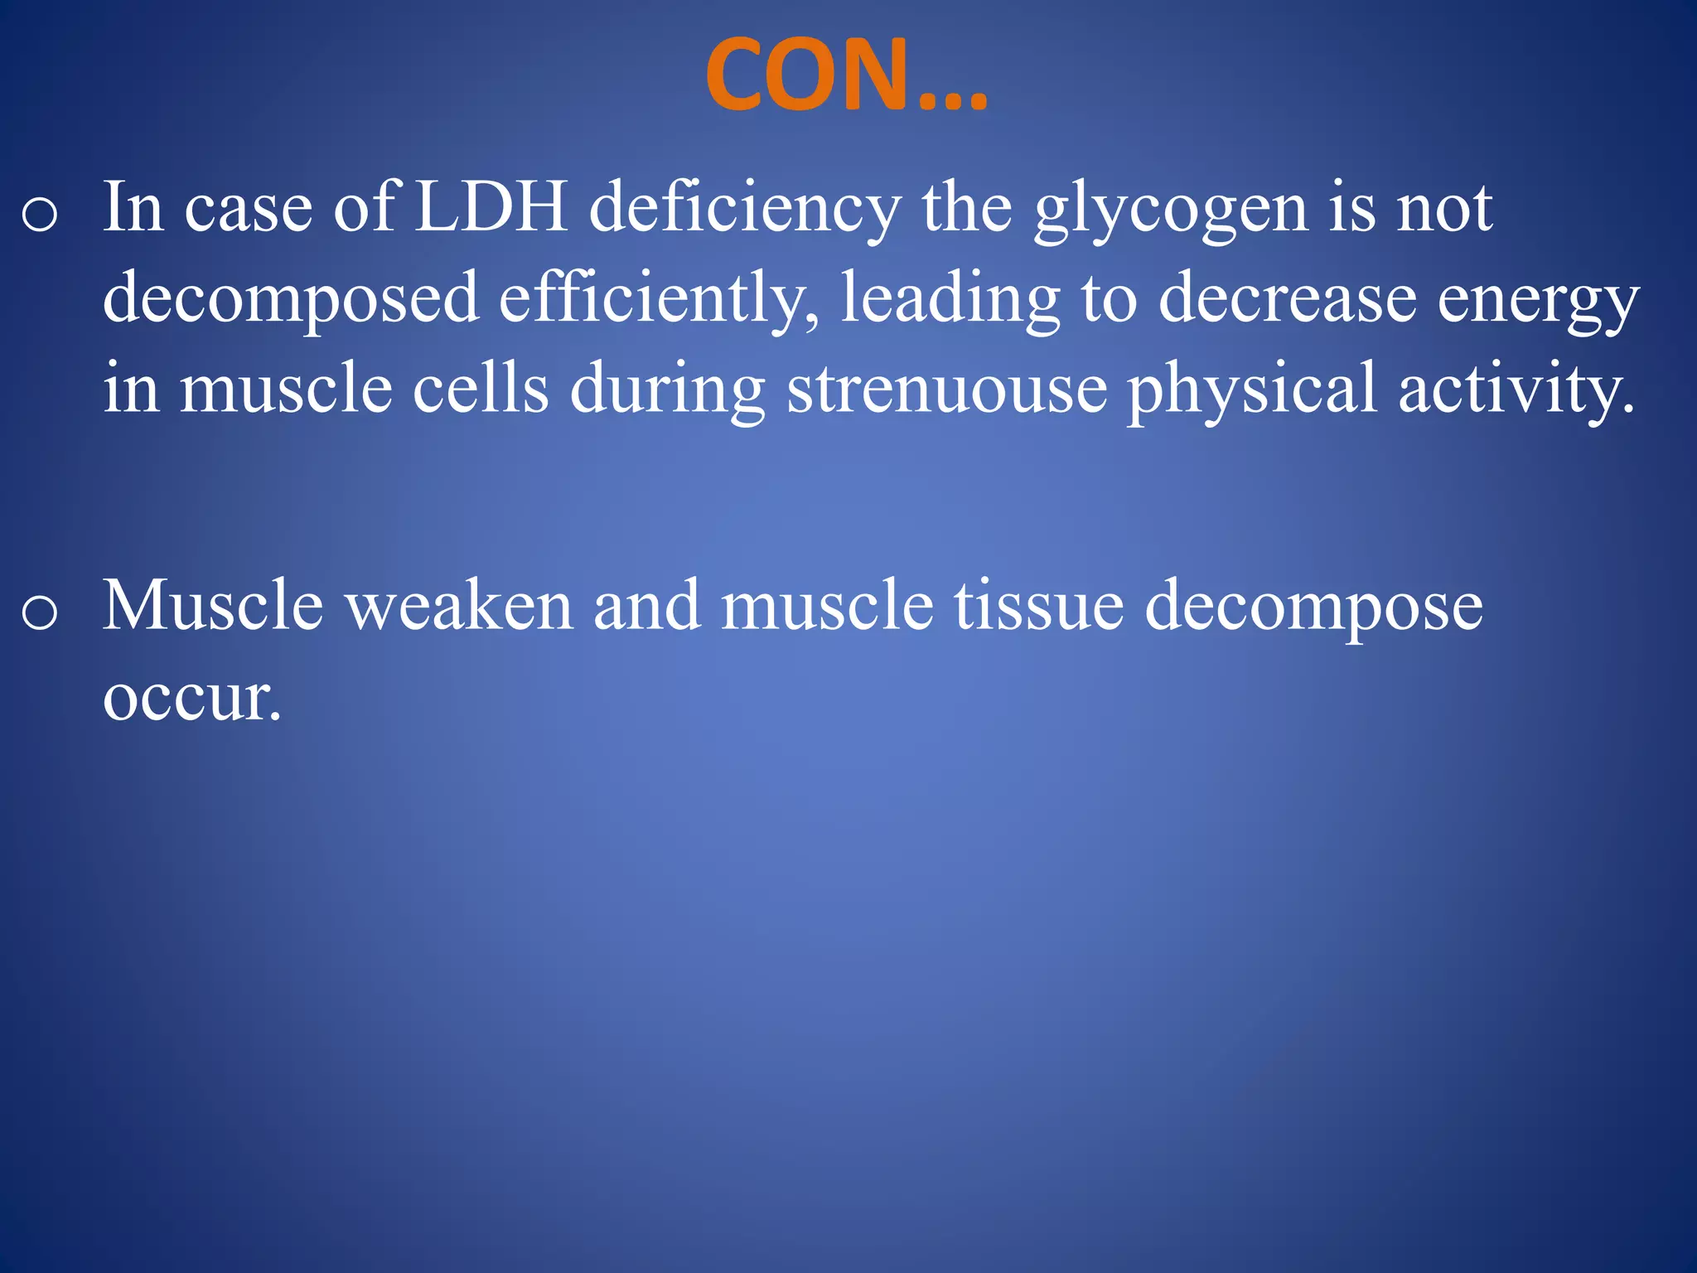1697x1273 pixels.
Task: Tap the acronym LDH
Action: coord(491,207)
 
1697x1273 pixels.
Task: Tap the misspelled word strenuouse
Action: coord(946,390)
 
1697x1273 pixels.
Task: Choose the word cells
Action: coord(480,389)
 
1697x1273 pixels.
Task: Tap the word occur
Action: coord(191,698)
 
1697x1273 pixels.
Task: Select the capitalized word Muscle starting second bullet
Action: coord(213,606)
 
